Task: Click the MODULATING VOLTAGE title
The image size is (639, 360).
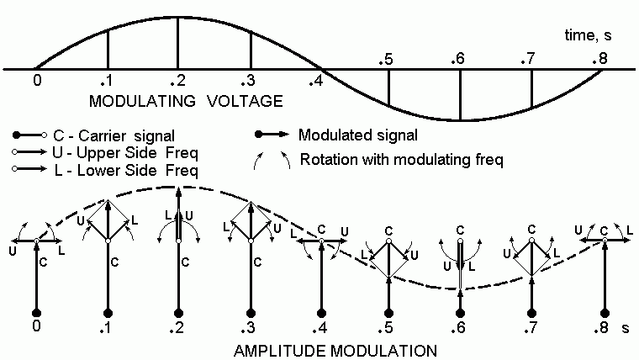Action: [x=186, y=101]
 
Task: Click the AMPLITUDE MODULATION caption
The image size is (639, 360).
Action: [x=335, y=351]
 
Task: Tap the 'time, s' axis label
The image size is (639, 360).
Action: [x=588, y=35]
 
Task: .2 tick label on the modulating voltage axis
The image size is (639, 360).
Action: [x=178, y=80]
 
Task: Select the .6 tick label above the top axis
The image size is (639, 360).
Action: [x=458, y=59]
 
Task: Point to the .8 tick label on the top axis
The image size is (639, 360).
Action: [x=600, y=59]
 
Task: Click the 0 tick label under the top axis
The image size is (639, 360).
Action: [x=37, y=80]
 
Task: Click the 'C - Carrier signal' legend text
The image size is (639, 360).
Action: [x=114, y=135]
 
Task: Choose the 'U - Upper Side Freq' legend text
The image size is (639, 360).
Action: [x=125, y=153]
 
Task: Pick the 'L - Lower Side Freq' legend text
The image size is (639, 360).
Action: [x=126, y=170]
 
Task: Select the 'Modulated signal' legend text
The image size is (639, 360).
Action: [x=358, y=135]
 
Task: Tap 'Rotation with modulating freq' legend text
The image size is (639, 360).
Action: [x=402, y=159]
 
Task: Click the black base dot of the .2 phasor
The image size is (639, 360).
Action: [x=178, y=313]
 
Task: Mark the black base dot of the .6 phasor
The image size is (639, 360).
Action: [x=460, y=313]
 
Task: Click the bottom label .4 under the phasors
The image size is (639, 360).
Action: [x=319, y=327]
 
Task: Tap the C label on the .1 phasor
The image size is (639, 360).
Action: [x=114, y=262]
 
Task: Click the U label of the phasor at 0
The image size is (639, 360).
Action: [x=13, y=251]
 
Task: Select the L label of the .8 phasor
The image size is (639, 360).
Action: [x=630, y=230]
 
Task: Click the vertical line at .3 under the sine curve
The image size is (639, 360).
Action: [x=251, y=51]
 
